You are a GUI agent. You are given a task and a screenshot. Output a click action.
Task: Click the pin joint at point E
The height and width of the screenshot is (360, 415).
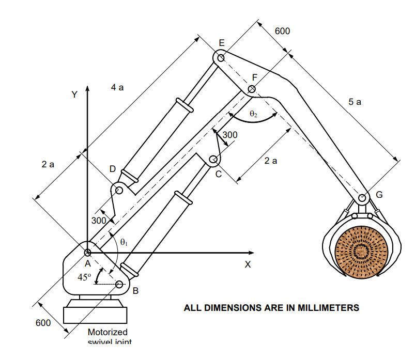[221, 58]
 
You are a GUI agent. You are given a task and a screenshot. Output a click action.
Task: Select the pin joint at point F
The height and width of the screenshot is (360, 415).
[252, 89]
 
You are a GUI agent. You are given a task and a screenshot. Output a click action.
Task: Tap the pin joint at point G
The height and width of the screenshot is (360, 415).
[362, 198]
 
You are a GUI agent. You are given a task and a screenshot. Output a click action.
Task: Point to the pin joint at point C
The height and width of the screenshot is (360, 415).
[212, 160]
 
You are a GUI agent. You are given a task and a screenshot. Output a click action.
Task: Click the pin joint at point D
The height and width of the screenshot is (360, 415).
[119, 190]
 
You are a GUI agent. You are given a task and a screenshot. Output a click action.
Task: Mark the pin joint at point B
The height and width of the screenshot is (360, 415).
[119, 284]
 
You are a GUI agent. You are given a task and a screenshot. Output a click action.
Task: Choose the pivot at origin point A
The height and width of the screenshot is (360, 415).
[87, 253]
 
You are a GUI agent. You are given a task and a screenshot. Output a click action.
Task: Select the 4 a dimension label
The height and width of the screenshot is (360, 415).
[117, 88]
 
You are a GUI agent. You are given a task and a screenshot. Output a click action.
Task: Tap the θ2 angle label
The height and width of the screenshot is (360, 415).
[253, 114]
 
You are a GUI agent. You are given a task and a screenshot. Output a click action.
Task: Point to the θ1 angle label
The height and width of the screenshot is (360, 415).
[124, 241]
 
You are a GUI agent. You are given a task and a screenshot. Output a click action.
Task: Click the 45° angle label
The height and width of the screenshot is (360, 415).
[84, 277]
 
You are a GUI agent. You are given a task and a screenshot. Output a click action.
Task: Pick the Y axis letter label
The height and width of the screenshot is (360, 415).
[74, 95]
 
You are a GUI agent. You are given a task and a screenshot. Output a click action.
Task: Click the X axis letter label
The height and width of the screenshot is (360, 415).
[248, 264]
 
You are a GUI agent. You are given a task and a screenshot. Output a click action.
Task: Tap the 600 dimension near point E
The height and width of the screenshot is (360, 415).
[282, 31]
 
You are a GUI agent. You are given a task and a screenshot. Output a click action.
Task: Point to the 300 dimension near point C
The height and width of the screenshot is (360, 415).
[230, 135]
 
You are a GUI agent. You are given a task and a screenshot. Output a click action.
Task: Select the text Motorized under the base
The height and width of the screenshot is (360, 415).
[107, 332]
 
